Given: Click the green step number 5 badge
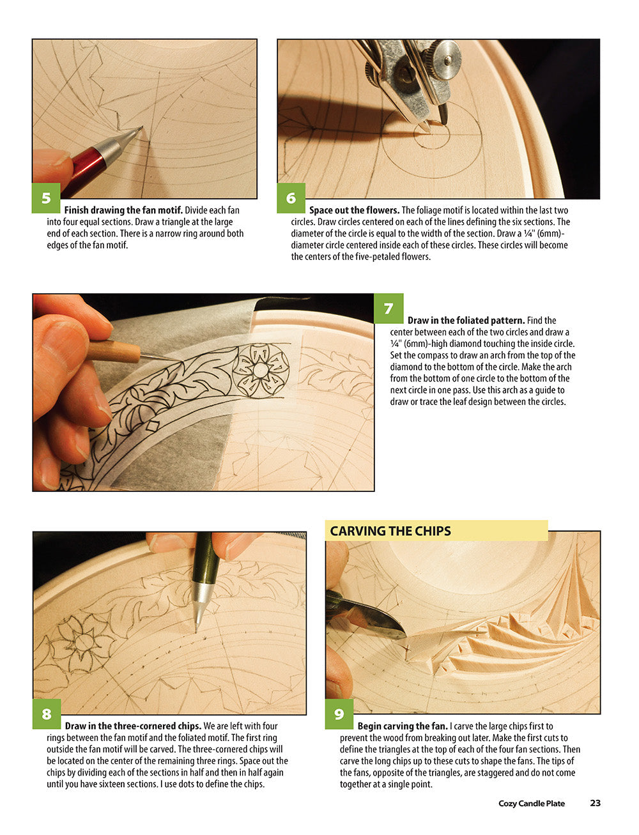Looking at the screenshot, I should tap(46, 198).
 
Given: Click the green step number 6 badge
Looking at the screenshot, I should tap(291, 198).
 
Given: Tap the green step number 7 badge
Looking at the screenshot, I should tap(389, 309).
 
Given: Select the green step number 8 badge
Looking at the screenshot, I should tap(47, 714).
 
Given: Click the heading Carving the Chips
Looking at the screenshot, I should tap(390, 531).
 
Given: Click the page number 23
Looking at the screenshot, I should tap(595, 803).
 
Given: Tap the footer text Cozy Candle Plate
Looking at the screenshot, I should tap(532, 804).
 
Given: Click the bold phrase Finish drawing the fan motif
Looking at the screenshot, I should tap(123, 210).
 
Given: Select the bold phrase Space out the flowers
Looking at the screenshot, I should tap(354, 210).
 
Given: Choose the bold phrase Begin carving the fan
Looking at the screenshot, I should tap(403, 726).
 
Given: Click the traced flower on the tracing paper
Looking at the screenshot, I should tap(260, 370).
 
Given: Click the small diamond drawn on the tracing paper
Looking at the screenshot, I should tap(153, 427).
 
